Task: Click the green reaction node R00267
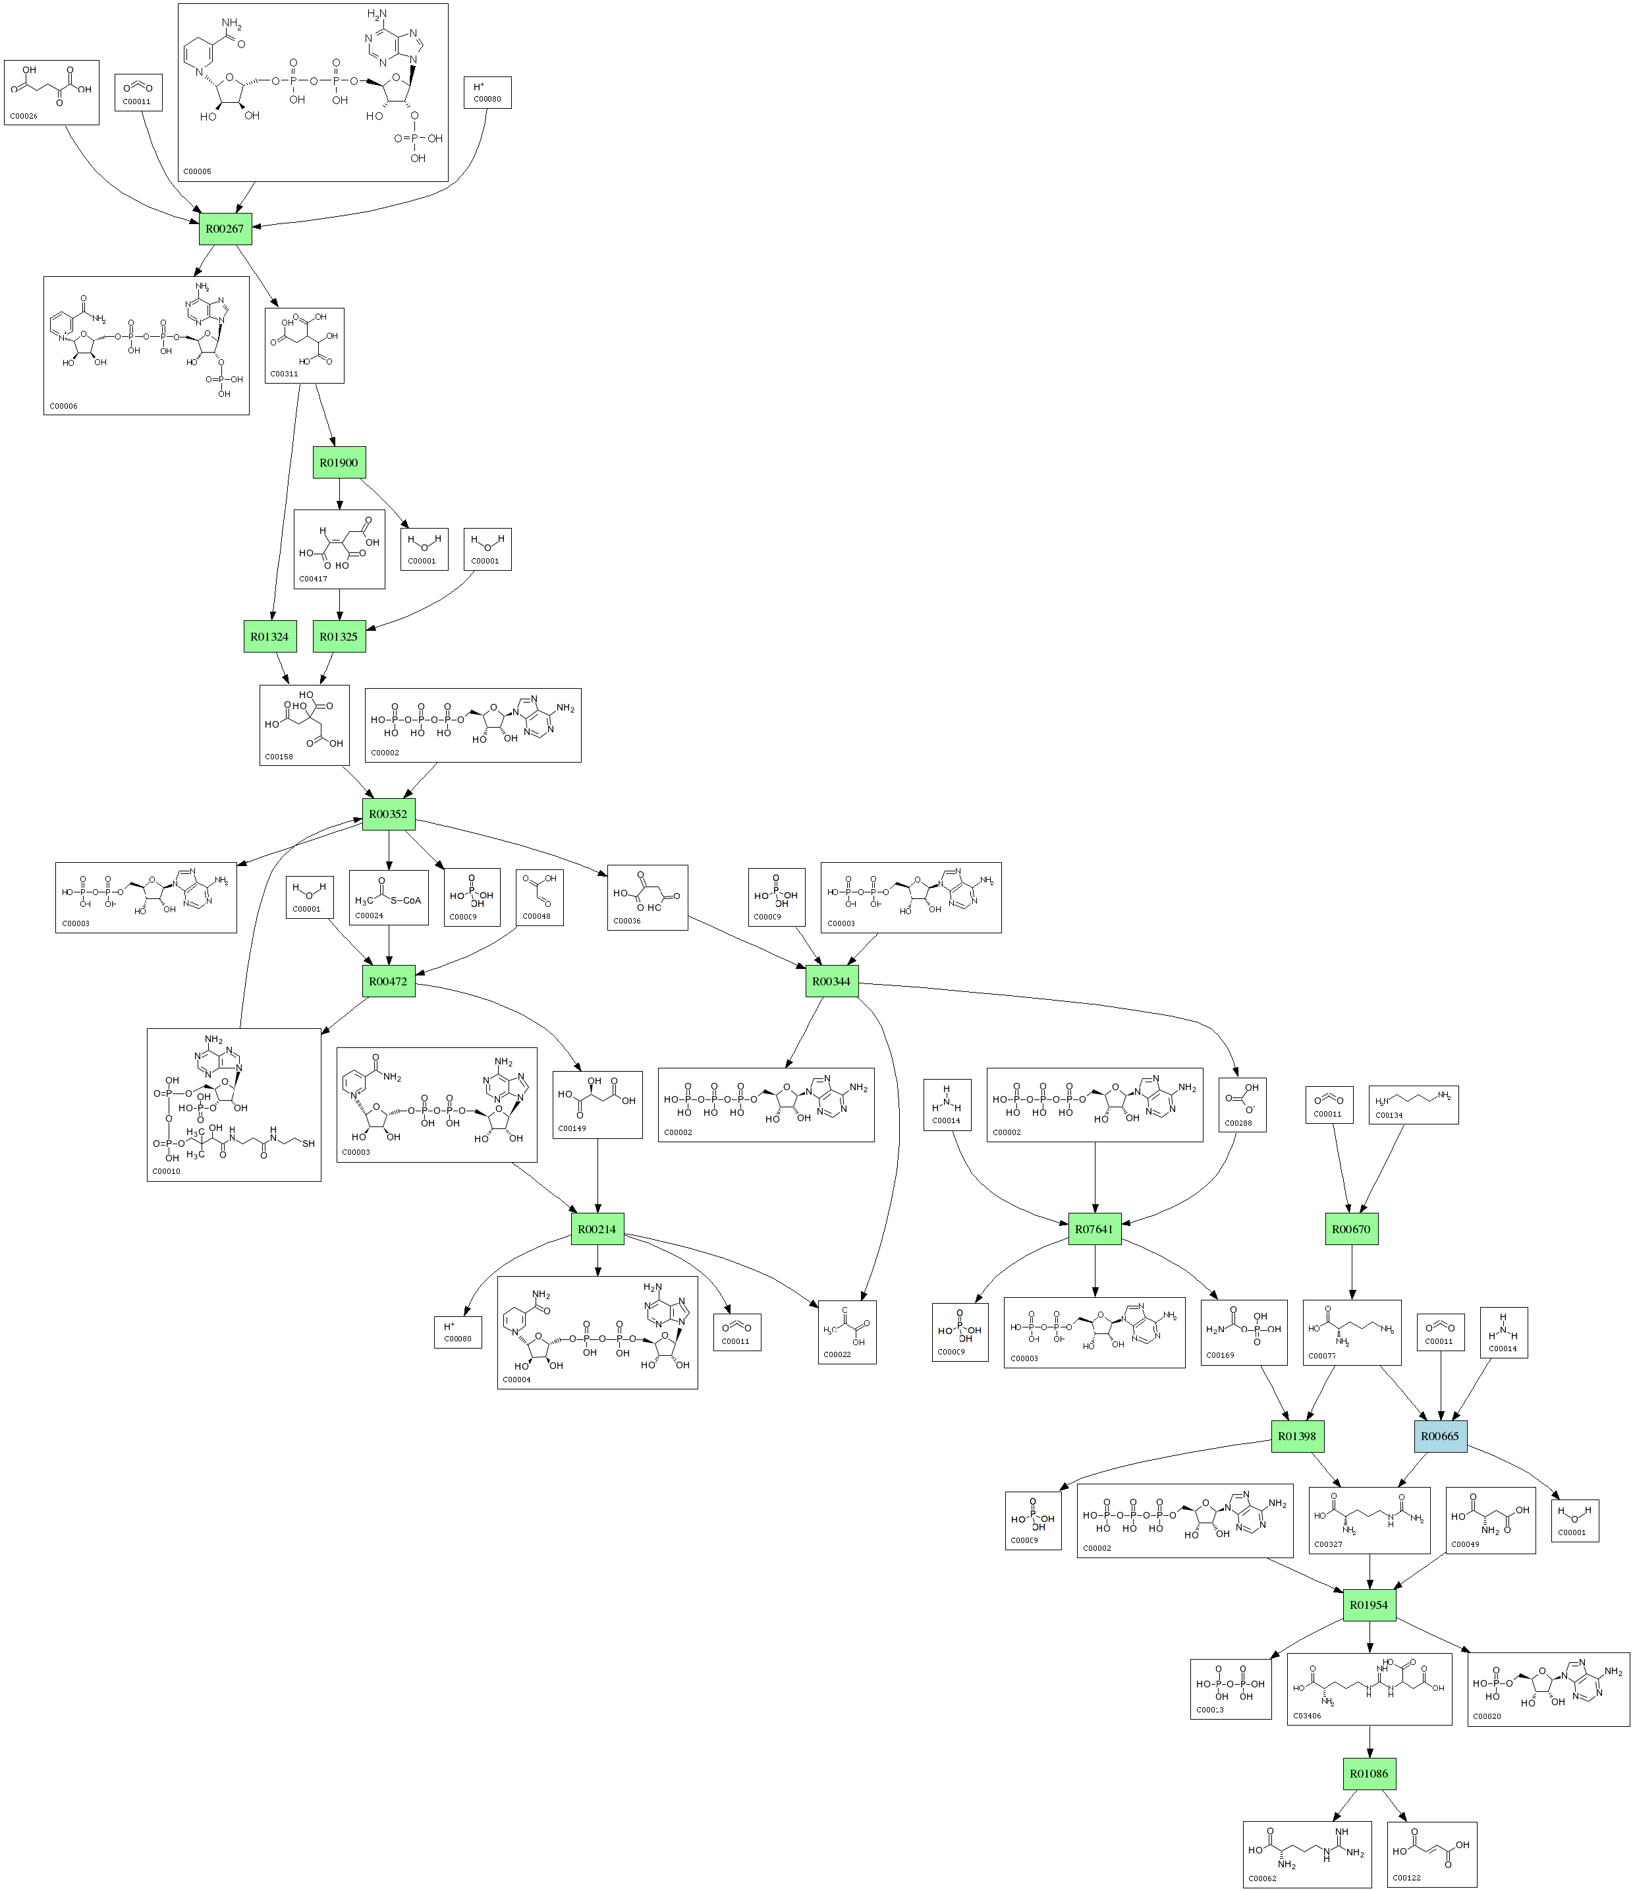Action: coord(225,228)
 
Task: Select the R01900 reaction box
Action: coord(339,463)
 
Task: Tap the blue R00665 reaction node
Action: coord(1441,1436)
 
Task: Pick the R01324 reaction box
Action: coord(270,636)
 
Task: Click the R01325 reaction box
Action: coord(339,636)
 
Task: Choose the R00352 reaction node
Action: coord(389,813)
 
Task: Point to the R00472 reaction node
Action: coord(389,981)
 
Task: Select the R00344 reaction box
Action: coord(832,981)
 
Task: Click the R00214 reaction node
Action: coord(597,1229)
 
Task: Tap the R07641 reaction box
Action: coord(1095,1229)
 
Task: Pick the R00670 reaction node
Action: coord(1351,1229)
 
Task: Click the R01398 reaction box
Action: coord(1297,1436)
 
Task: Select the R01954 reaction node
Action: coord(1370,1604)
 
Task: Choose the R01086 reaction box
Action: coord(1370,1773)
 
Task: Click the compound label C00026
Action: coord(24,116)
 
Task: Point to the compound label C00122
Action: coord(1408,1877)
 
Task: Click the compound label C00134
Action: coord(1389,1115)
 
